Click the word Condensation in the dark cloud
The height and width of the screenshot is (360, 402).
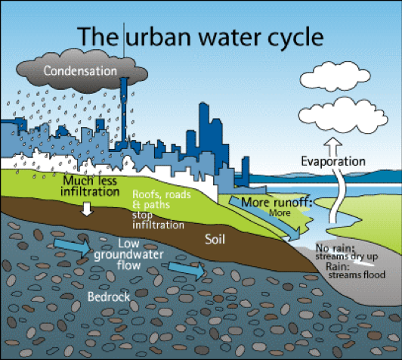click(80, 70)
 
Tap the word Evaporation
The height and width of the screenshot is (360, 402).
click(333, 161)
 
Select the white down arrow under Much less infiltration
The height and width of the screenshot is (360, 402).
click(87, 209)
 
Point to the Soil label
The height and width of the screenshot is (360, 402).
click(215, 239)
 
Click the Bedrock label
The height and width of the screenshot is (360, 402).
click(109, 297)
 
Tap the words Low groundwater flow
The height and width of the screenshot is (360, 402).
click(128, 254)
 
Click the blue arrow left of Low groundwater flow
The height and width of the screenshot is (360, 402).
click(73, 247)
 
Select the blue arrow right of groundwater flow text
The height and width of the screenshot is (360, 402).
click(187, 271)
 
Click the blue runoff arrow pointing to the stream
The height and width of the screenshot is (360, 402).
click(264, 218)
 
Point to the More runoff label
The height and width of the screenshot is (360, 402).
click(277, 203)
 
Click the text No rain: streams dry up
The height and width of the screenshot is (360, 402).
click(346, 252)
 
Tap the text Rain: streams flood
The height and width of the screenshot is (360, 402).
click(356, 271)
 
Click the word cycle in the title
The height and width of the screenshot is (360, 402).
click(295, 37)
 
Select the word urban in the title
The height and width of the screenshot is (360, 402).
click(159, 36)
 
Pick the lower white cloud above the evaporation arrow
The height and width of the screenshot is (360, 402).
click(343, 116)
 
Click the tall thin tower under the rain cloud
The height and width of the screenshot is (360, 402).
click(124, 110)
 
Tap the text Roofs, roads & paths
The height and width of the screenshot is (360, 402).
click(162, 200)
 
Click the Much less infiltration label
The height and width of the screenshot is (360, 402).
click(90, 186)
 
